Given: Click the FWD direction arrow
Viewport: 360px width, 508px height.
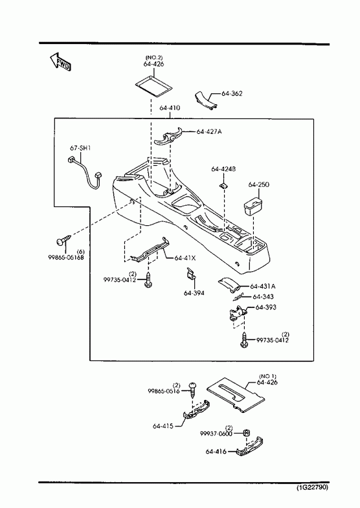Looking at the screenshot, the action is [x=60, y=61].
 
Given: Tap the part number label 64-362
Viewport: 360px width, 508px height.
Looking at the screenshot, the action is [x=232, y=93].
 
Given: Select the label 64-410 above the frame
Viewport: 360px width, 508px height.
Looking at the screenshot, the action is [x=170, y=107].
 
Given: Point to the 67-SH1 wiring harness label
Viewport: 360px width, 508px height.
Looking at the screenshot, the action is [x=80, y=148].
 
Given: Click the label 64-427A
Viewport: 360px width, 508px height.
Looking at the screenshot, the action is [x=209, y=131].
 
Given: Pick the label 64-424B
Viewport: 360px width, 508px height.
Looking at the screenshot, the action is [x=223, y=169].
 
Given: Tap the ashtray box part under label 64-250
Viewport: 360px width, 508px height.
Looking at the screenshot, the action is [x=253, y=206].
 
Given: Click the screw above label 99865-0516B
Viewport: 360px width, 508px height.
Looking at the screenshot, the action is [x=63, y=240].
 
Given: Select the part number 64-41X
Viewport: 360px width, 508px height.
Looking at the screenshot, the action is [x=185, y=258].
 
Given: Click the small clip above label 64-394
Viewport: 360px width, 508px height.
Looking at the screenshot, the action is [x=192, y=274].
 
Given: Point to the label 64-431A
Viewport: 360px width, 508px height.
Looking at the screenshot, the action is [x=263, y=286].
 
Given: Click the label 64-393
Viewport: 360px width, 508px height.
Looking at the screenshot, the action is [x=266, y=307].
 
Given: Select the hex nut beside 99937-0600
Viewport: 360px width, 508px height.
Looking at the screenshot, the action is [x=246, y=433].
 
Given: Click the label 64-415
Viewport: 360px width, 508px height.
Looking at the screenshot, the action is [x=163, y=426].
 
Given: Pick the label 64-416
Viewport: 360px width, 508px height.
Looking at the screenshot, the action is [x=216, y=451].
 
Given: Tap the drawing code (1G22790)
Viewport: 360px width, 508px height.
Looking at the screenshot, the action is [x=312, y=487].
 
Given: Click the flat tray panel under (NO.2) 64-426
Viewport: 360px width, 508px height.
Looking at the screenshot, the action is [x=153, y=85].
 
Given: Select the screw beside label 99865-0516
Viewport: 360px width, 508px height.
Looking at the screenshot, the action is [x=193, y=389].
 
